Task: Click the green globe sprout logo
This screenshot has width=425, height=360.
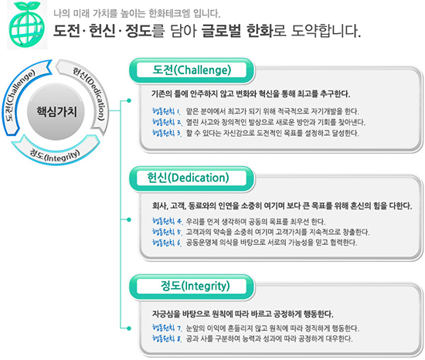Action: pos(26,25)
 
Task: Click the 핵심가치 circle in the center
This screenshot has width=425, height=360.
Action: pos(56,111)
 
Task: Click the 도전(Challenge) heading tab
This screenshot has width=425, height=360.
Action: pos(192,70)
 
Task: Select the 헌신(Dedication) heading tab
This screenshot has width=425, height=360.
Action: pos(192,178)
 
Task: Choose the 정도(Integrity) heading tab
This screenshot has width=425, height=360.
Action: pos(192,287)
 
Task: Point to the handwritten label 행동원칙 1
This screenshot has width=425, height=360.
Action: pos(166,111)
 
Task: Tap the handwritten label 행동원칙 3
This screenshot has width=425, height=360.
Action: pos(166,133)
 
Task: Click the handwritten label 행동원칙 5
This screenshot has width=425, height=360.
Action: pos(167,232)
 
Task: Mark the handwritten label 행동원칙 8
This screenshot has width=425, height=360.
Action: pos(167,338)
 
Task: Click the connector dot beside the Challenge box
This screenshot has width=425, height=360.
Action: pos(129,100)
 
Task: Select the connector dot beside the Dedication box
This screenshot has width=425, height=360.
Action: pos(129,219)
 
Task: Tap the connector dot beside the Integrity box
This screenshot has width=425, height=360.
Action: pos(129,328)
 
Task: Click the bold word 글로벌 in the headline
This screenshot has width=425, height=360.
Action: pos(221,31)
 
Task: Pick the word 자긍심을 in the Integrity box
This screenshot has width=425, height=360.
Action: pos(166,314)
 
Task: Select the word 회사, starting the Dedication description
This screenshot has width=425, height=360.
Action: pos(160,205)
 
